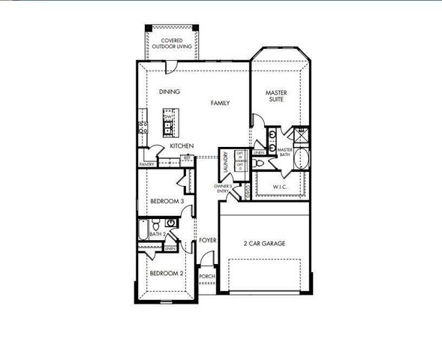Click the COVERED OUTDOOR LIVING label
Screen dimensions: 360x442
coord(171,43)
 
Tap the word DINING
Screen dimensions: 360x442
coord(170,92)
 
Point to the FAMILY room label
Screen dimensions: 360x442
coord(220,103)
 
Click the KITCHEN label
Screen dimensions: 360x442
coord(182,145)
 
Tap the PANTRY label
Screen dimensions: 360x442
coord(147,164)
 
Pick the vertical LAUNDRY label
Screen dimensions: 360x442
coord(225,163)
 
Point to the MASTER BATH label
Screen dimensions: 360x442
coord(284,151)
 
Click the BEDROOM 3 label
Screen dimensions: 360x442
coord(167,202)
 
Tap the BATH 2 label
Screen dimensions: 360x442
coord(157,235)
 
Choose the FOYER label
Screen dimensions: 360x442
coord(208,240)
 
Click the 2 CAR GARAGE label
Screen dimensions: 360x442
coord(265,244)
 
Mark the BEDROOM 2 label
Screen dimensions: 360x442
coord(167,273)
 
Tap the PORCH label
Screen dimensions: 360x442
coord(207,276)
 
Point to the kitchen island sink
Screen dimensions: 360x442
coord(169,124)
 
